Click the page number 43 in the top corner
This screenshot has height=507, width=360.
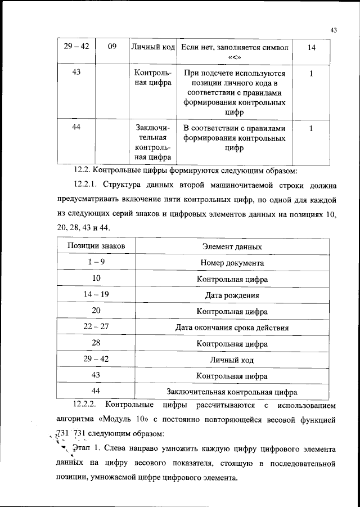point(332,31)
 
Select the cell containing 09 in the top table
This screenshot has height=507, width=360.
point(112,48)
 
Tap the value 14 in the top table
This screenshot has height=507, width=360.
point(311,48)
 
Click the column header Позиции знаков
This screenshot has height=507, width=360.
point(96,246)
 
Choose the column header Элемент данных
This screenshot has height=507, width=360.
point(232,246)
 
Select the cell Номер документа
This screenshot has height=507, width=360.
point(232,263)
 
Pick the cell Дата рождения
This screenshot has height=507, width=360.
point(232,295)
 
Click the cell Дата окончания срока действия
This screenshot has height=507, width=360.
point(232,327)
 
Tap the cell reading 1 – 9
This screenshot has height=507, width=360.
point(96,263)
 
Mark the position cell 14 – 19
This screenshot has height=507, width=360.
point(96,295)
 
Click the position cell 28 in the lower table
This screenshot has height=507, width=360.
point(96,343)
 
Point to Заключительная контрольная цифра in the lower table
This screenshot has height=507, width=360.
point(232,392)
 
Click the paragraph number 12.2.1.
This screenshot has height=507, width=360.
point(88,185)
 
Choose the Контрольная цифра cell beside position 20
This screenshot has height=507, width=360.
point(232,311)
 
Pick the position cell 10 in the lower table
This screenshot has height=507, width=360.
point(96,279)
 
